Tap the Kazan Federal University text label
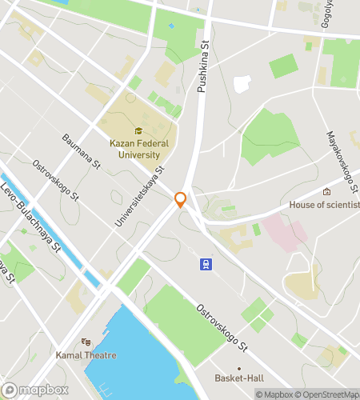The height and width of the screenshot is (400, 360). click(139, 150)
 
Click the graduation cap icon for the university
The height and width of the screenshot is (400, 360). click(138, 131)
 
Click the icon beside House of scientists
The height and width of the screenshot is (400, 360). click(326, 192)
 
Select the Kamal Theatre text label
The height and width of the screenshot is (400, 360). click(86, 355)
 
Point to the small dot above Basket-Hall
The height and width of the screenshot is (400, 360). click(238, 369)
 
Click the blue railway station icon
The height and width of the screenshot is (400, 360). click(206, 263)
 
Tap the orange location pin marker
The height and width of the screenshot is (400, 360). click(181, 200)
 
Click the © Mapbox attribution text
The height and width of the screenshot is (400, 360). click(274, 394)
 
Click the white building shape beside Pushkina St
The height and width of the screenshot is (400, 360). click(242, 84)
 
